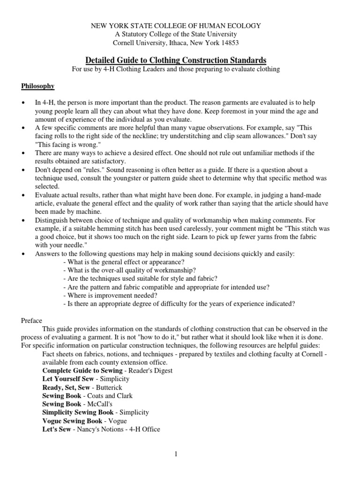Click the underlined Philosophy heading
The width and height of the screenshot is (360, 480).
(37, 86)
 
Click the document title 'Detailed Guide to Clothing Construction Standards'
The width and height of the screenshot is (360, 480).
(176, 60)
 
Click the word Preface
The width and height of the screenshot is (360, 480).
(32, 321)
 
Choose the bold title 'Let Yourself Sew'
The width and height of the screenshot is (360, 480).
(68, 379)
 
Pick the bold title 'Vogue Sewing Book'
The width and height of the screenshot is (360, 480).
(72, 420)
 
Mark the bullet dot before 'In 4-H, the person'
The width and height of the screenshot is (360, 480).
(23, 103)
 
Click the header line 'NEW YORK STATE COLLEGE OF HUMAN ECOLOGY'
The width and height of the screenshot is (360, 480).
(176, 26)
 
